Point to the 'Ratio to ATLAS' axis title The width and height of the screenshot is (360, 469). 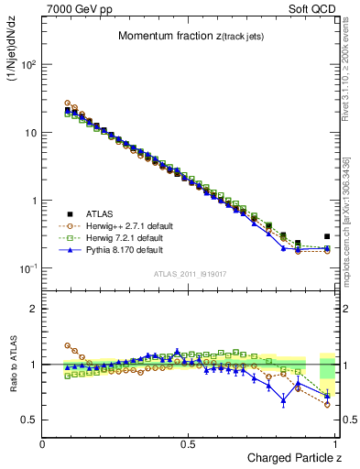point(12,364)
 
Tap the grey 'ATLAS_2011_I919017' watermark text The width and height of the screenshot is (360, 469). point(191,274)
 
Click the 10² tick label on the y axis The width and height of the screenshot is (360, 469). point(29,65)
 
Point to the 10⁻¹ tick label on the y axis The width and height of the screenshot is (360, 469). point(29,268)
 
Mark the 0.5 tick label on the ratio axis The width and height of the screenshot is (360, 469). point(31,420)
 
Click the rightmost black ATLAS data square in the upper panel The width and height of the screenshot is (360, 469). point(327,236)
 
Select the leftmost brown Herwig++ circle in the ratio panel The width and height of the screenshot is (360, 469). point(68,345)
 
